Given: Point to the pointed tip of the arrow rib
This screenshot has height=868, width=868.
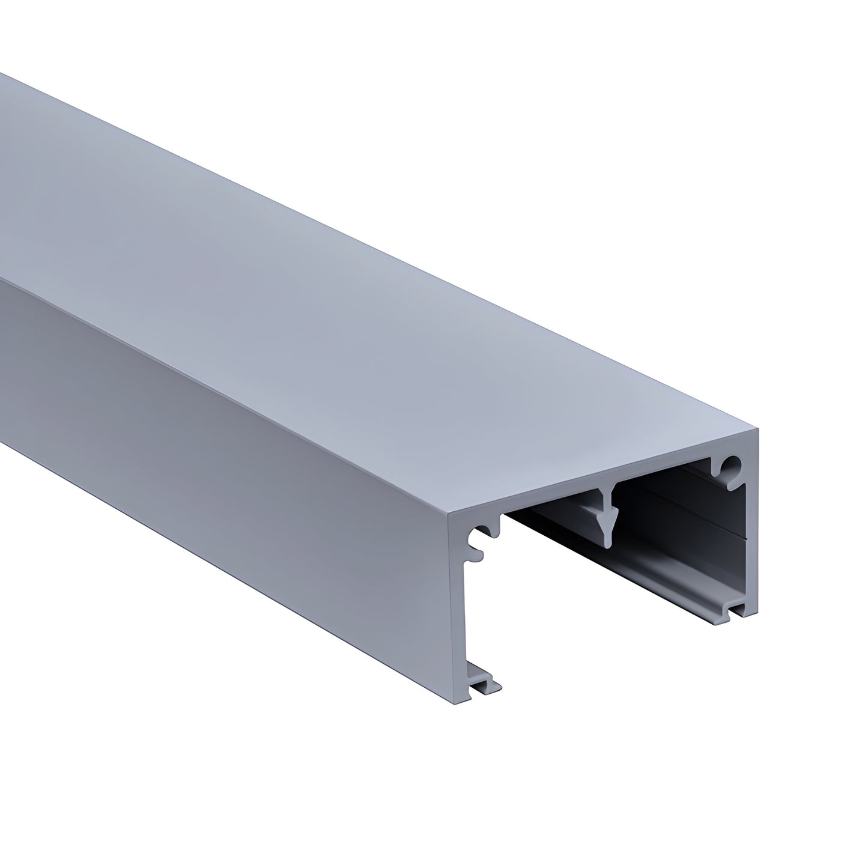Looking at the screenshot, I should [x=608, y=544].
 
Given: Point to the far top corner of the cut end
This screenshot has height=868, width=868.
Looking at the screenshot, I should [x=758, y=429].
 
